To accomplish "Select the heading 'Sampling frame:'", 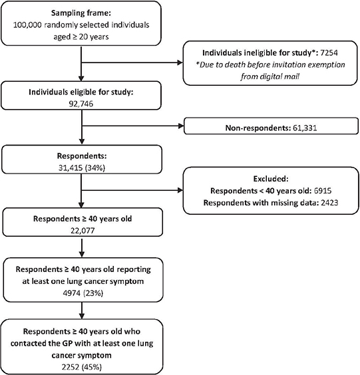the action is tap(81, 13).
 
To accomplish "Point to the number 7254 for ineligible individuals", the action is tap(329, 53).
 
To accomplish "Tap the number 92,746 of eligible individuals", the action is tap(81, 104).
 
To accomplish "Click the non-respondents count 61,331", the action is tap(305, 128).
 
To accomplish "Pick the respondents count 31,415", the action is tap(71, 168).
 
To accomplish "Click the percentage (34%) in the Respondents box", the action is tap(94, 168).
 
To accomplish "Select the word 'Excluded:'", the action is tap(271, 179).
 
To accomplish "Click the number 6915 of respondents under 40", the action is tap(323, 191).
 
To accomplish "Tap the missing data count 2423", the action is tap(329, 203).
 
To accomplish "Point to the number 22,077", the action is tap(83, 231).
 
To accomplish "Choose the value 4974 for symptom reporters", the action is tap(72, 293).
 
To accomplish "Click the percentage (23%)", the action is tap(93, 293).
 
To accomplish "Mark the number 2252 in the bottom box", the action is tap(71, 367).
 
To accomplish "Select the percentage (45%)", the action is tap(92, 367).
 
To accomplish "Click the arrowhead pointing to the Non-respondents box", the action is tap(181, 126).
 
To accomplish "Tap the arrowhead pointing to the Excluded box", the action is tap(180, 190).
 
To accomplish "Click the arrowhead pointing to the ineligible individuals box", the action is tap(180, 62).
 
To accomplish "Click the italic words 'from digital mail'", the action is tap(270, 76).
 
